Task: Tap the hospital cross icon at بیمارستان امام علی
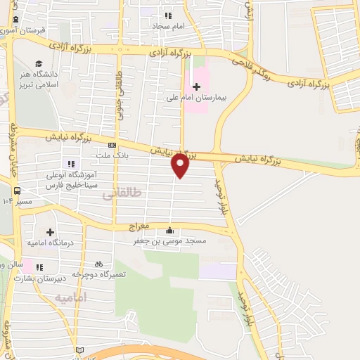click(x=196, y=86)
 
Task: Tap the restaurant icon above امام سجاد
click(x=167, y=15)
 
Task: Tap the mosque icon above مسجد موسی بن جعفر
click(x=169, y=231)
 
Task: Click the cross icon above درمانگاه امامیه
click(x=50, y=232)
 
